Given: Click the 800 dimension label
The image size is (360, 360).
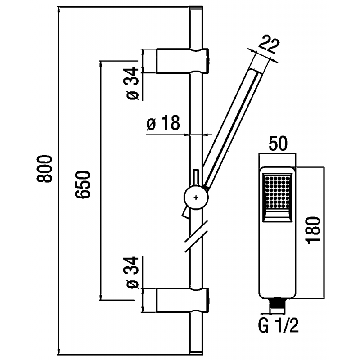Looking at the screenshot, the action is (45, 169).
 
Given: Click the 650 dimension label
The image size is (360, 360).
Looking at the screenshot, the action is (83, 184).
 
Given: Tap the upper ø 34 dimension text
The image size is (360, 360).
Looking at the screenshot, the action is (133, 84).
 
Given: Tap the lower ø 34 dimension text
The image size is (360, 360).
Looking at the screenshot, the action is (133, 272).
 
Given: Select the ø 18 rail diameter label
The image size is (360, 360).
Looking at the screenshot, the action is (163, 123).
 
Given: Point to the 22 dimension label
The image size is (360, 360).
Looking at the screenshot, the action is (269, 44).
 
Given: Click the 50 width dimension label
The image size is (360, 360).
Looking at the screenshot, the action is (278, 143).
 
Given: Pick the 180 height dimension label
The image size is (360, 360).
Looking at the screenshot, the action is (313, 230).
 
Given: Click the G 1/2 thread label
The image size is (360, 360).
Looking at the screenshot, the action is (278, 325).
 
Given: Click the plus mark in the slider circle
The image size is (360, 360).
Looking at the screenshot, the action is (196, 198).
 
